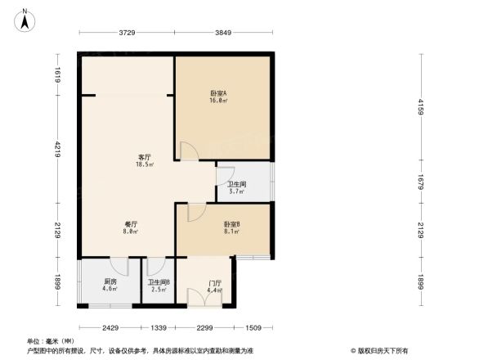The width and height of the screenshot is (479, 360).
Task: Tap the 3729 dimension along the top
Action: [125, 33]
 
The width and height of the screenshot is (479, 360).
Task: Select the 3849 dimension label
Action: [223, 33]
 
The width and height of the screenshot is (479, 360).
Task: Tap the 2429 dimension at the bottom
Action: [110, 328]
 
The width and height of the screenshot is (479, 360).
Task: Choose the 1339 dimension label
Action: [159, 328]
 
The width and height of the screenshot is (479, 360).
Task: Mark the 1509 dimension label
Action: [253, 328]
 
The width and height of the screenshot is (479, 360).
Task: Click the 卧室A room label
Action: [218, 93]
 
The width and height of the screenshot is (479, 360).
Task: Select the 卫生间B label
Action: [159, 282]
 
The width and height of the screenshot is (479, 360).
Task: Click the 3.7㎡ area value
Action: [236, 191]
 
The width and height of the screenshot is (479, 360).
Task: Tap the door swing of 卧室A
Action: [188, 151]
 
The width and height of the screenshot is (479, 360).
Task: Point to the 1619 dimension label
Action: [58, 74]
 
